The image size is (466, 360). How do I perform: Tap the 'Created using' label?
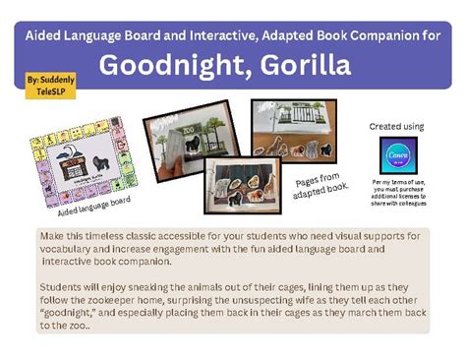point(396,127)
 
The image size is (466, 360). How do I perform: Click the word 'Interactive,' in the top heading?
point(214,34)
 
